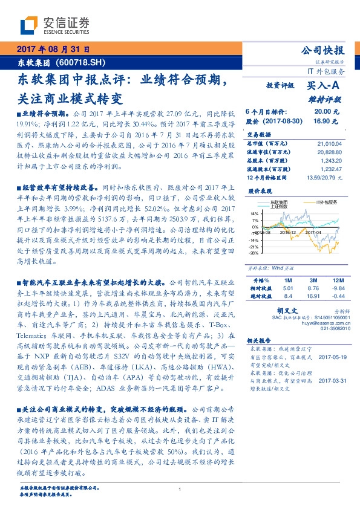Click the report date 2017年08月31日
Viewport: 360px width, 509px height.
[53, 48]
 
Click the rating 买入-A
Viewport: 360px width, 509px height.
[327, 86]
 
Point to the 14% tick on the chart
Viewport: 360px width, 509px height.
[254, 213]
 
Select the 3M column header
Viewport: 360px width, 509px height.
[313, 280]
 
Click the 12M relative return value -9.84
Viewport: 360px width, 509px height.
[335, 288]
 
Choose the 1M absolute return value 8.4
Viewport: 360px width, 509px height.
[288, 296]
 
